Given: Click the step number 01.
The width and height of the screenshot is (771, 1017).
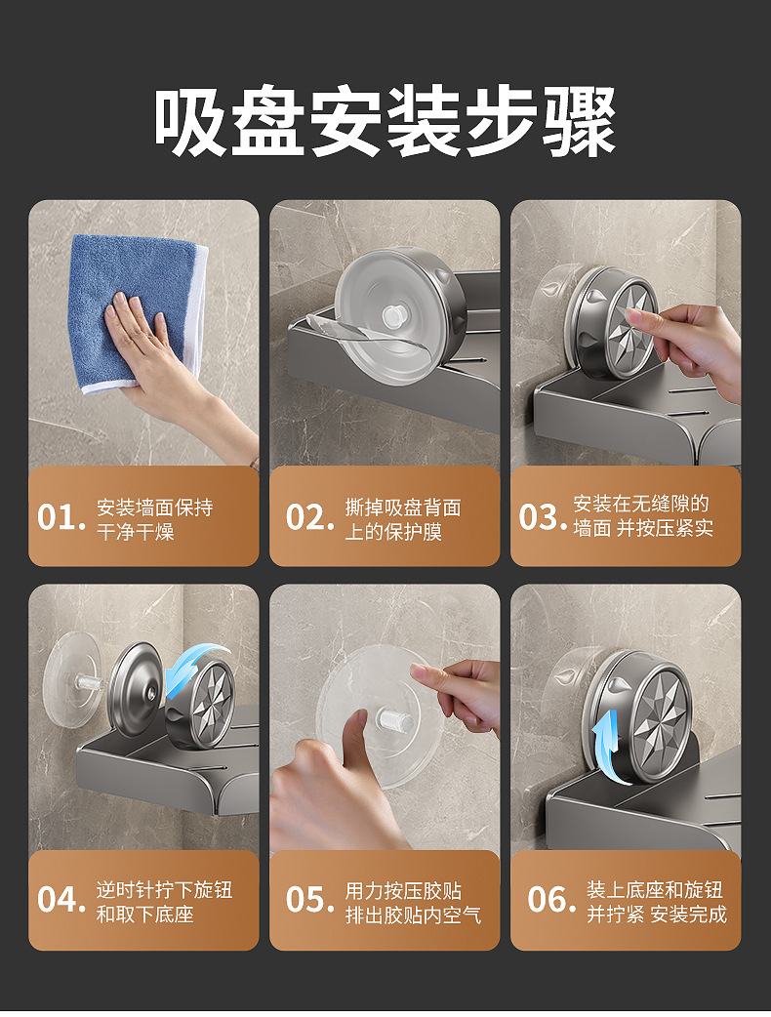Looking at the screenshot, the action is pos(61,517).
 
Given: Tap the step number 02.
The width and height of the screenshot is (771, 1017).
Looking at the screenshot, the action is pos(310,517).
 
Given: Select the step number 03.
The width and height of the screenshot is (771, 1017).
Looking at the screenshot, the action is pos(544,517).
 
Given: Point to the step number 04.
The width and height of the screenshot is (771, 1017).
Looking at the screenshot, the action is pos(61,900).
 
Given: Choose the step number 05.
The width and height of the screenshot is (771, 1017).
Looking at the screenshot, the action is pos(310,900).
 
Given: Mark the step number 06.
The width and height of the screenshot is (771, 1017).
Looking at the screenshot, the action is pos(551,900).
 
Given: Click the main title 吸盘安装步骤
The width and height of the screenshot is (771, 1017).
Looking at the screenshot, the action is pos(385,123).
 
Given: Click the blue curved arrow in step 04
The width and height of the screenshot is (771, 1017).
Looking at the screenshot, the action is pos(194,667).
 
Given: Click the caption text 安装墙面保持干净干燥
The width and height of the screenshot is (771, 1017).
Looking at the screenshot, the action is pos(155,519).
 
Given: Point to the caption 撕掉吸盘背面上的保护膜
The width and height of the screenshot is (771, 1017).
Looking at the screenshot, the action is pos(403,519).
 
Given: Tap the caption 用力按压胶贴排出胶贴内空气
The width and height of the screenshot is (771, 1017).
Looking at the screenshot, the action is pos(413,902).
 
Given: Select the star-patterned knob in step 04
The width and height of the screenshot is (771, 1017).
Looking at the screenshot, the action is pos(201,704).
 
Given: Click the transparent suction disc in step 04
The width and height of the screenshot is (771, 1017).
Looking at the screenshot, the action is pos(72,679).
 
